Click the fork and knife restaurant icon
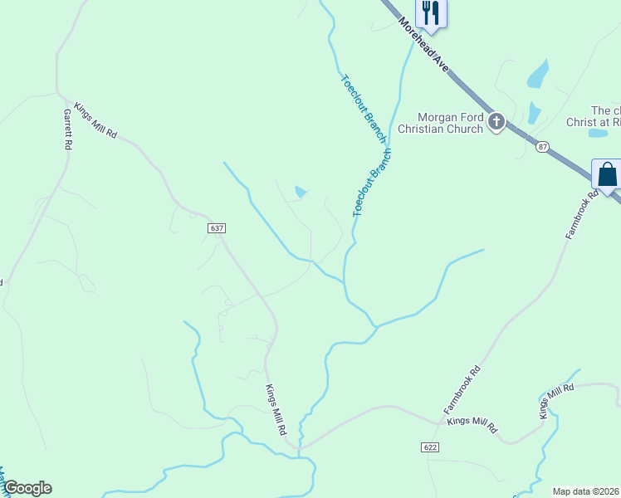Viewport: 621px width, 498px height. (x=430, y=12)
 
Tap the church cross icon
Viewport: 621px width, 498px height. (x=496, y=123)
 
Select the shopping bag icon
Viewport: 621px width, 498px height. (x=607, y=174)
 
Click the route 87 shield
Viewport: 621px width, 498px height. (x=542, y=146)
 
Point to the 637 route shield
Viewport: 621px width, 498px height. (x=217, y=227)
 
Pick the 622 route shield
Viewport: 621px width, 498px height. (x=428, y=447)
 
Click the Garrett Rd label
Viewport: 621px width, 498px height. (x=67, y=129)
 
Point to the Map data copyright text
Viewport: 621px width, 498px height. (x=586, y=491)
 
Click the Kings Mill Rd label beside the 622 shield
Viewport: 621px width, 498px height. (x=472, y=425)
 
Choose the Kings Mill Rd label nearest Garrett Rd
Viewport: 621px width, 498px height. (x=96, y=120)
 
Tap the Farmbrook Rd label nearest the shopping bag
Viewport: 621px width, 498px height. (x=582, y=215)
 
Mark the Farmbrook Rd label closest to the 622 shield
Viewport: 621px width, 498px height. (x=462, y=390)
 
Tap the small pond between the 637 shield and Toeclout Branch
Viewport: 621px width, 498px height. (x=301, y=193)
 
